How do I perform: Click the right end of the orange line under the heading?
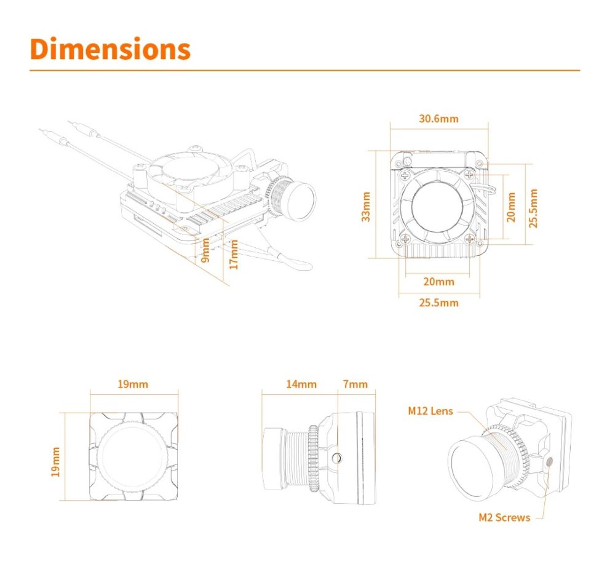click(580, 71)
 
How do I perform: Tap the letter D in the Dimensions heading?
click(42, 49)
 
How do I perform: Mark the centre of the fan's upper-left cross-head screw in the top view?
click(405, 175)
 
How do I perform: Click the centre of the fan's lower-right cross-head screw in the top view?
click(469, 239)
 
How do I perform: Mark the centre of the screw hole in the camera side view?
click(336, 458)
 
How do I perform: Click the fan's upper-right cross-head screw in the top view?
click(469, 175)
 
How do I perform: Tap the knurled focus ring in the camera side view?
click(313, 458)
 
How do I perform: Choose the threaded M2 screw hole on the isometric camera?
click(549, 461)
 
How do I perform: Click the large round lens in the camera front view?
click(133, 456)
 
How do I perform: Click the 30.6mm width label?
click(438, 119)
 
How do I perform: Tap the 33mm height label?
click(365, 207)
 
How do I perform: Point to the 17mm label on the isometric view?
click(234, 255)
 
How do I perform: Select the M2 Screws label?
click(504, 517)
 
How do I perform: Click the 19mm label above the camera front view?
click(133, 384)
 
